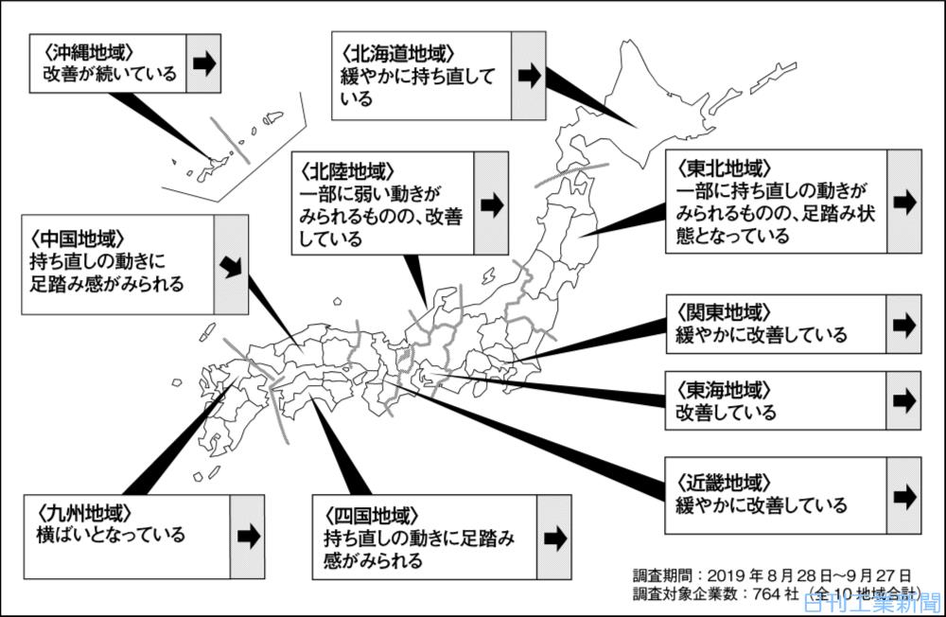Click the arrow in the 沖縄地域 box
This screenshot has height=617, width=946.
(202, 63)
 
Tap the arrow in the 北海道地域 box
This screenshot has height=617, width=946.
(529, 76)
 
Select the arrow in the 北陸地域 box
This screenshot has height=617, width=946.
(491, 204)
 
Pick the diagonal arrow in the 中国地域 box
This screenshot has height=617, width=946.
(230, 265)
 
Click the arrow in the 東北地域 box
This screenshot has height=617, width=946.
(904, 202)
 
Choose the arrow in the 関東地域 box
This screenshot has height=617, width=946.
(904, 324)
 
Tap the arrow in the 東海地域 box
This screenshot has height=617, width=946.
(904, 400)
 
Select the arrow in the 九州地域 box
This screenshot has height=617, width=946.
(248, 536)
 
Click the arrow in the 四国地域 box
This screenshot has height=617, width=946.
(554, 537)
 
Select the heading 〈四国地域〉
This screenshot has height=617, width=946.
(372, 516)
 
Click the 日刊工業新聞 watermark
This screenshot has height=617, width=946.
(871, 602)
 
